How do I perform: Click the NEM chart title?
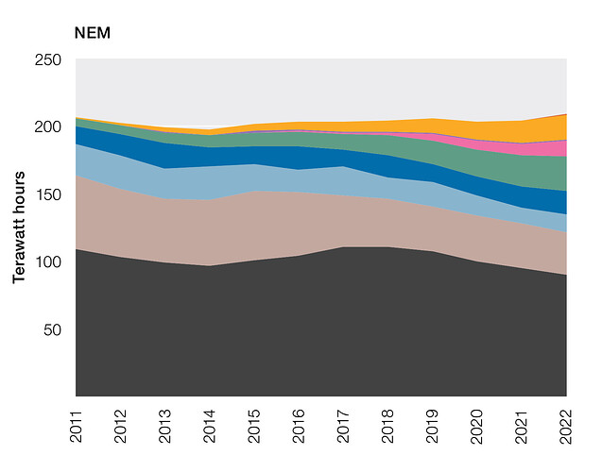(x=93, y=33)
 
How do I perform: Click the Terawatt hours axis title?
(x=19, y=228)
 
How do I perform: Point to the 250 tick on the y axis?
(x=48, y=59)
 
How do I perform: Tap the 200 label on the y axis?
(x=48, y=126)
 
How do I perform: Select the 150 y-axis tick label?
(x=48, y=194)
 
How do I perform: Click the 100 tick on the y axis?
(x=48, y=262)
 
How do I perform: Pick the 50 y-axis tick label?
(x=52, y=329)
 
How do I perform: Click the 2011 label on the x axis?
(x=76, y=427)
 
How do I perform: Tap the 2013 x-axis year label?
(x=165, y=427)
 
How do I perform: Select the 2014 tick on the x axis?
(x=210, y=427)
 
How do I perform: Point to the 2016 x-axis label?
(x=299, y=427)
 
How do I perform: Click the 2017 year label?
(x=343, y=427)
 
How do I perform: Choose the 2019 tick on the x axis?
(x=432, y=427)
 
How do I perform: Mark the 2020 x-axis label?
(x=477, y=427)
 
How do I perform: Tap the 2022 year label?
(x=566, y=427)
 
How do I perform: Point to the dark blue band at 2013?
(x=165, y=156)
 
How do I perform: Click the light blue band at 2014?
(x=210, y=183)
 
